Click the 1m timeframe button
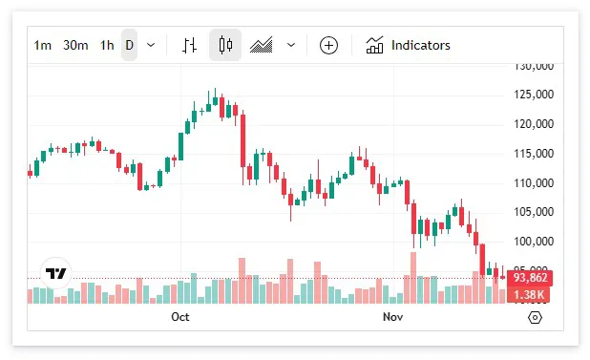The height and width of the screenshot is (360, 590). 43,45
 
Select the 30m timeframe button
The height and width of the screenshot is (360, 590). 75,45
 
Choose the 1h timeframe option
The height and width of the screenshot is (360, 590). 107,45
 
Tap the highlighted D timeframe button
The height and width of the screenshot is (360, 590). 129,45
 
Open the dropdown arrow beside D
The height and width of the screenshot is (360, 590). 151,45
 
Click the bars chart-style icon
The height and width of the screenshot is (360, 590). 190,45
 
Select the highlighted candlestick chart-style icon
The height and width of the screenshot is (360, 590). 225,45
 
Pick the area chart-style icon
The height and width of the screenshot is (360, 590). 262,45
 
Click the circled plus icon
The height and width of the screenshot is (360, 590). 328,45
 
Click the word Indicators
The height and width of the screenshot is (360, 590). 420,45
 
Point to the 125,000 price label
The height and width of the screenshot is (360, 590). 534,95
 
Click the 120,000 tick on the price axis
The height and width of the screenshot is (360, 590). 534,124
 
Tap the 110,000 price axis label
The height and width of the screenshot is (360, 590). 534,182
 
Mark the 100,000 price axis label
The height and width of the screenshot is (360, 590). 534,242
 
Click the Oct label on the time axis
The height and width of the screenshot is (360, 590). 179,316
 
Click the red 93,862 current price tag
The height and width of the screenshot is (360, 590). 530,278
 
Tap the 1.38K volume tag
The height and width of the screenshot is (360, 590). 530,294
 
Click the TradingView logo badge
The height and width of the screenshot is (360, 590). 57,273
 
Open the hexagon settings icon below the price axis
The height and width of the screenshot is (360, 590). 535,317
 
